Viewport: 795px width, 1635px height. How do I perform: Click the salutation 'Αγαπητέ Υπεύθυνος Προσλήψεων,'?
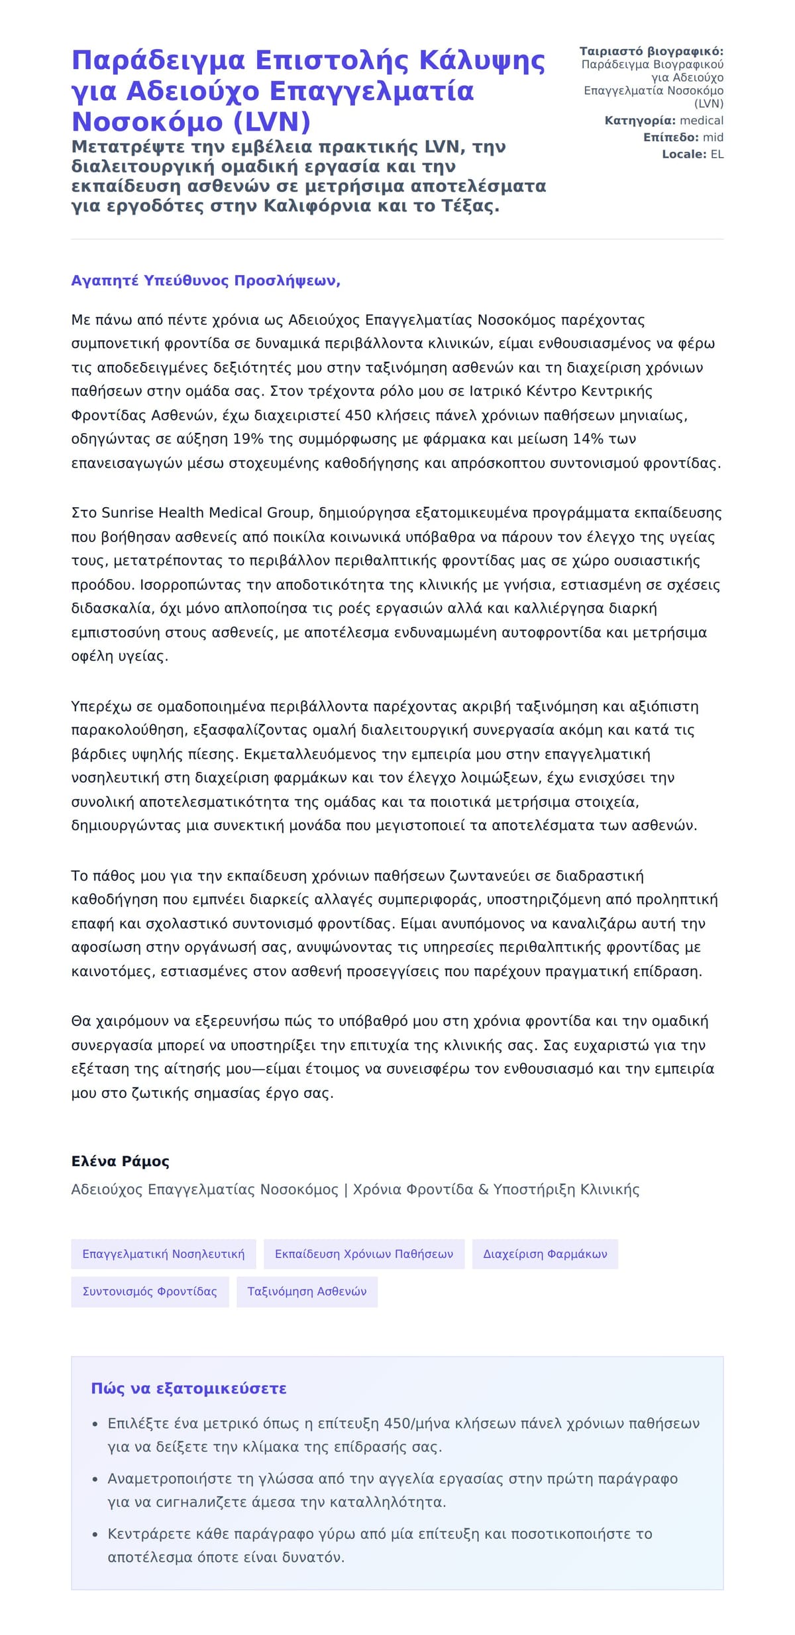click(205, 280)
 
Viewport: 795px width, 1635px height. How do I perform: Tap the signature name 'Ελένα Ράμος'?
click(120, 1161)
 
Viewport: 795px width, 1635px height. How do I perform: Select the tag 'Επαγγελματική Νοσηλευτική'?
click(163, 1254)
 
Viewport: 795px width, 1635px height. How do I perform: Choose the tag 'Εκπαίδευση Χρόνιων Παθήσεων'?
click(364, 1254)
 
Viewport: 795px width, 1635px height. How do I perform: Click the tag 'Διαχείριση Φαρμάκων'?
click(545, 1254)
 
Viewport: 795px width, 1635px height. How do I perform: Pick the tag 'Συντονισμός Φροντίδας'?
click(150, 1291)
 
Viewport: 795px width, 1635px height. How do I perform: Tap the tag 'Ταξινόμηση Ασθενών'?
click(307, 1291)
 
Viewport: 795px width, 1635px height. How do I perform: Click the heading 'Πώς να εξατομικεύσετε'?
click(189, 1388)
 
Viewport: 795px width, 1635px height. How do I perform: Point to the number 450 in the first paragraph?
click(358, 415)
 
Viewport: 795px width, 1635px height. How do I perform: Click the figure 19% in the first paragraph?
click(246, 439)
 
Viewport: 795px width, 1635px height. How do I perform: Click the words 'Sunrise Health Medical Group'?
click(206, 513)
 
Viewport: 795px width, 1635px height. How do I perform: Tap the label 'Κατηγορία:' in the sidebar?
click(640, 121)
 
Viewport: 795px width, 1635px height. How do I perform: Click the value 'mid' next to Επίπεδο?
click(713, 137)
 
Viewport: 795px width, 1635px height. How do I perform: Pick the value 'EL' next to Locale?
click(717, 154)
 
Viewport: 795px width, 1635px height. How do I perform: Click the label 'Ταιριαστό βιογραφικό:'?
click(651, 51)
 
